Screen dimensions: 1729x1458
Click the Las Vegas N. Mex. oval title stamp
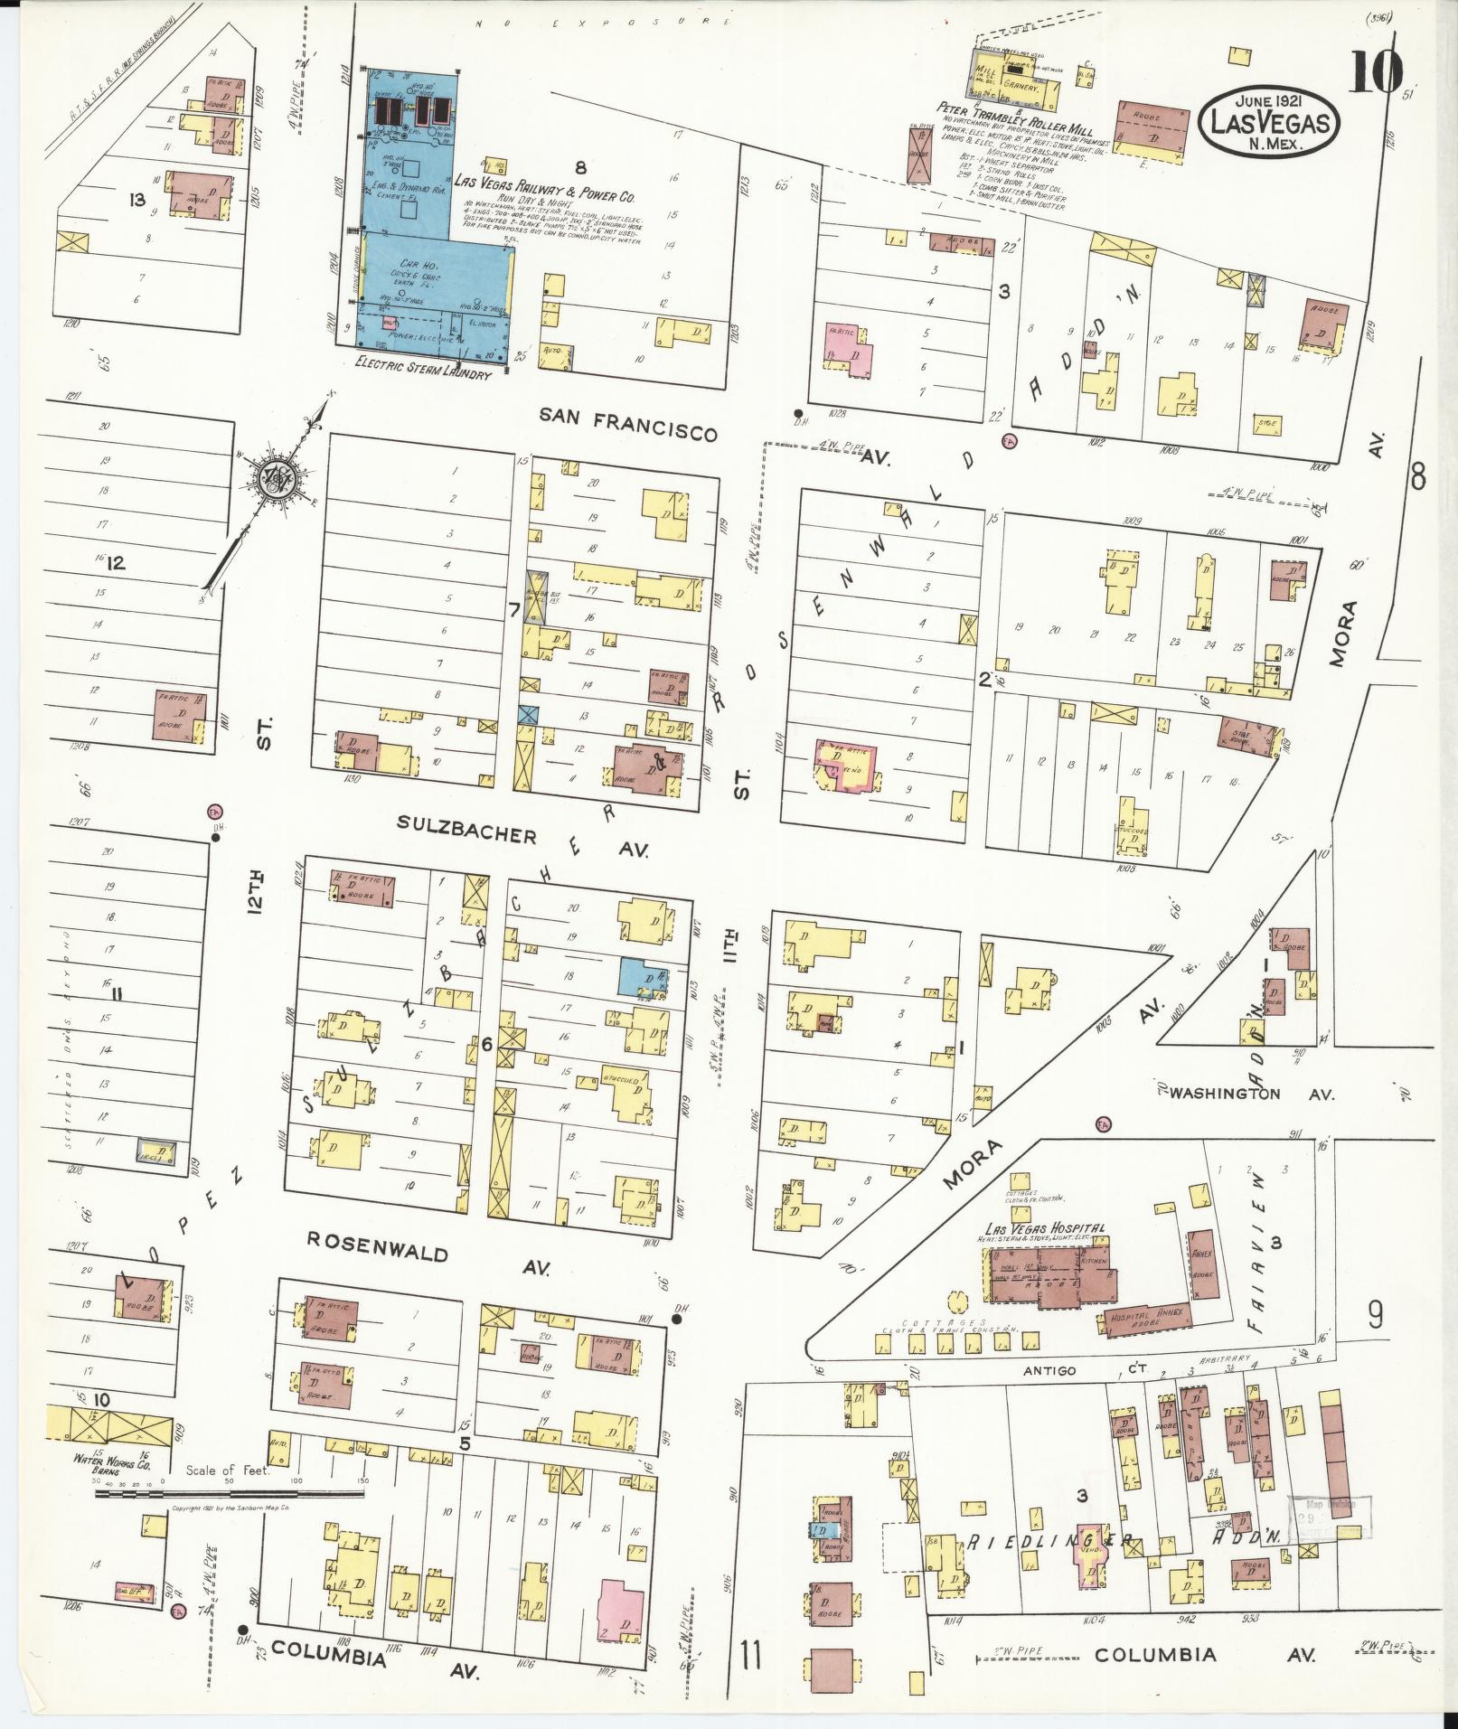pos(1269,118)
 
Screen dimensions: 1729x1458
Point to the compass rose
pos(274,481)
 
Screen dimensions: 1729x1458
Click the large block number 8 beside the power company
pos(580,167)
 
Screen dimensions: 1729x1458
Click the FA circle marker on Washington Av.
pos(1102,1124)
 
